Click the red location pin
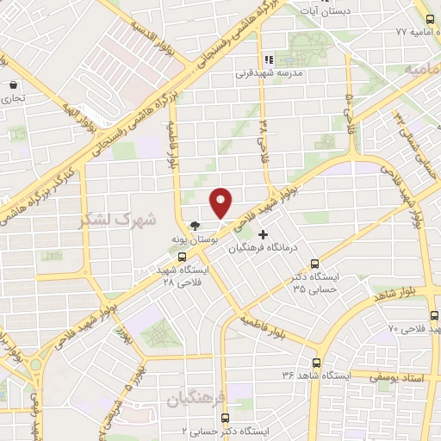click(x=221, y=202)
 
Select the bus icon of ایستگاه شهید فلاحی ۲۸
click(x=181, y=257)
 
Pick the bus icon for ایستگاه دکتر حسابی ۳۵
click(x=315, y=264)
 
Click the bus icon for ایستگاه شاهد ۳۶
click(x=317, y=363)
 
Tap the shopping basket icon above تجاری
click(x=14, y=86)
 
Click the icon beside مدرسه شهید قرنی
click(x=269, y=60)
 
